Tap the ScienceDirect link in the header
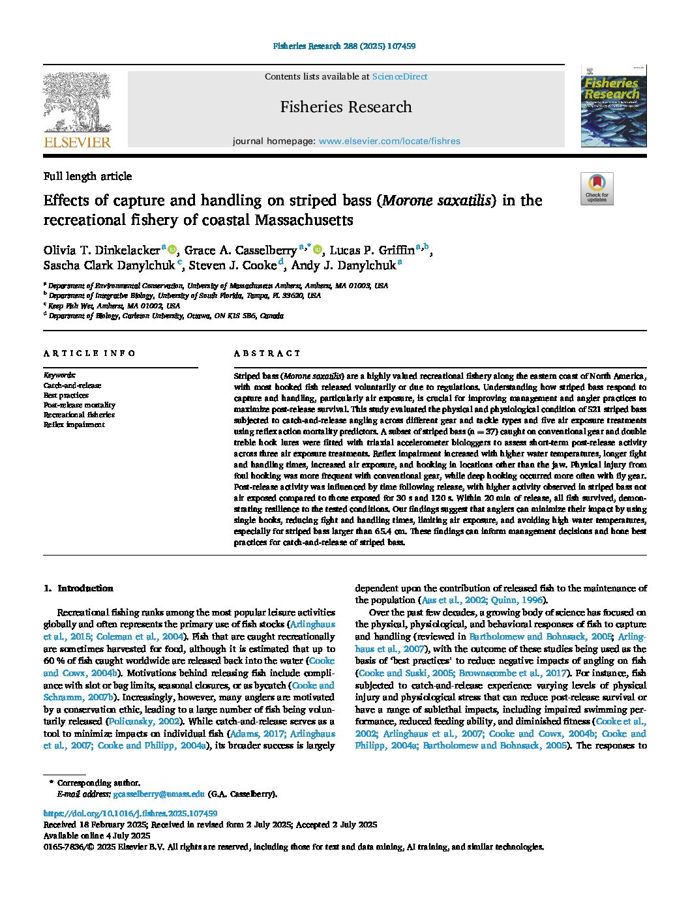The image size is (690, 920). tap(399, 76)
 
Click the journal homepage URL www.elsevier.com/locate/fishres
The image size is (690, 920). tap(389, 141)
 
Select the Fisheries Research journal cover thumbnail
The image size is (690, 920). tap(613, 106)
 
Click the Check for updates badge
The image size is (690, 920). tap(597, 188)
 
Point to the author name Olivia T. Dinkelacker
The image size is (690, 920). tap(102, 250)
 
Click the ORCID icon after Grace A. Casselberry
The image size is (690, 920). tap(318, 250)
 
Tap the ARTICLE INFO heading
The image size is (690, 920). tap(89, 353)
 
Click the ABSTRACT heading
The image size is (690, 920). tap(267, 353)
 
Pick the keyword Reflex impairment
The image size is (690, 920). tap(74, 424)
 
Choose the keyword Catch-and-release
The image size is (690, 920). tap(72, 385)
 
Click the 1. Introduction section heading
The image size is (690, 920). tap(78, 588)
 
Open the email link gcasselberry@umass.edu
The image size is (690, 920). tap(158, 794)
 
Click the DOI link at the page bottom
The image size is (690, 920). tap(130, 814)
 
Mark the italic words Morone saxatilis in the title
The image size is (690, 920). tap(437, 200)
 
